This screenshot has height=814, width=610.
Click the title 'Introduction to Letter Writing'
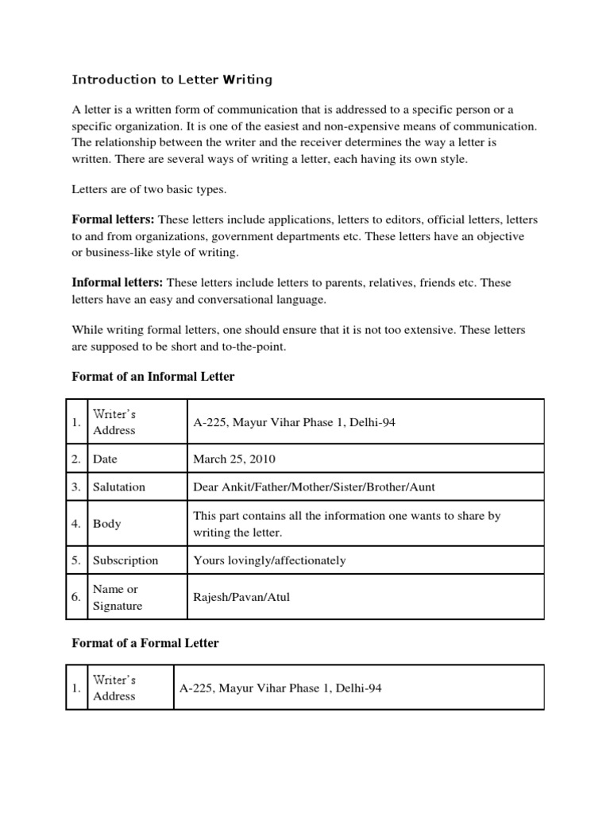(172, 79)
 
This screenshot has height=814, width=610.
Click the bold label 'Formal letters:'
(114, 219)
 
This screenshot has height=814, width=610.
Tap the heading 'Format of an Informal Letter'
(153, 376)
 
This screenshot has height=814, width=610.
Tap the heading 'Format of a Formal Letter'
(145, 642)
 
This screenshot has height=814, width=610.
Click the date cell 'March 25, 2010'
(234, 459)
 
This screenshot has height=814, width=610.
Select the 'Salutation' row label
(119, 486)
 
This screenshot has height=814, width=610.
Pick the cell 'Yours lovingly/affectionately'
(269, 560)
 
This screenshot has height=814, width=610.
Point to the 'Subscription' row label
(125, 560)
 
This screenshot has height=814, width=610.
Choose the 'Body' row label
(107, 524)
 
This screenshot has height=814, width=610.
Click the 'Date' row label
(105, 459)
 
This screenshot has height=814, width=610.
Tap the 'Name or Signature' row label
(118, 597)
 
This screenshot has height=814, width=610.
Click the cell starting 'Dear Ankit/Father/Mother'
(314, 486)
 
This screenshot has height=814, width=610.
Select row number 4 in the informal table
(76, 524)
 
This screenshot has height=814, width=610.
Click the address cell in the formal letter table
(280, 688)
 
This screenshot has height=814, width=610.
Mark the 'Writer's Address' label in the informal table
(114, 422)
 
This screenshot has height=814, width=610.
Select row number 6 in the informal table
(76, 597)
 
